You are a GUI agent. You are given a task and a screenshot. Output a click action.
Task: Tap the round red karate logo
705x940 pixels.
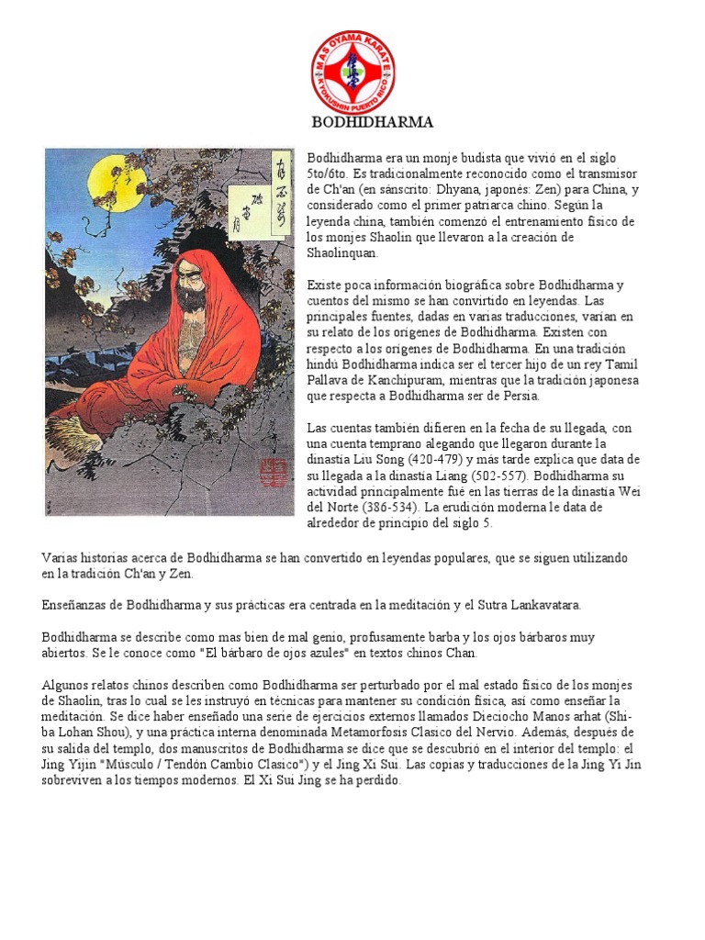pos(353,72)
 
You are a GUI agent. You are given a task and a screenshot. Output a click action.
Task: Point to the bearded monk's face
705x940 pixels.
pos(191,286)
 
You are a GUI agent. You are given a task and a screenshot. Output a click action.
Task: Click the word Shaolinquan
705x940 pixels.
pos(337,252)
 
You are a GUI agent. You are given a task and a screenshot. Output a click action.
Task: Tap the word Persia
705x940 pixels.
pos(521,396)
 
